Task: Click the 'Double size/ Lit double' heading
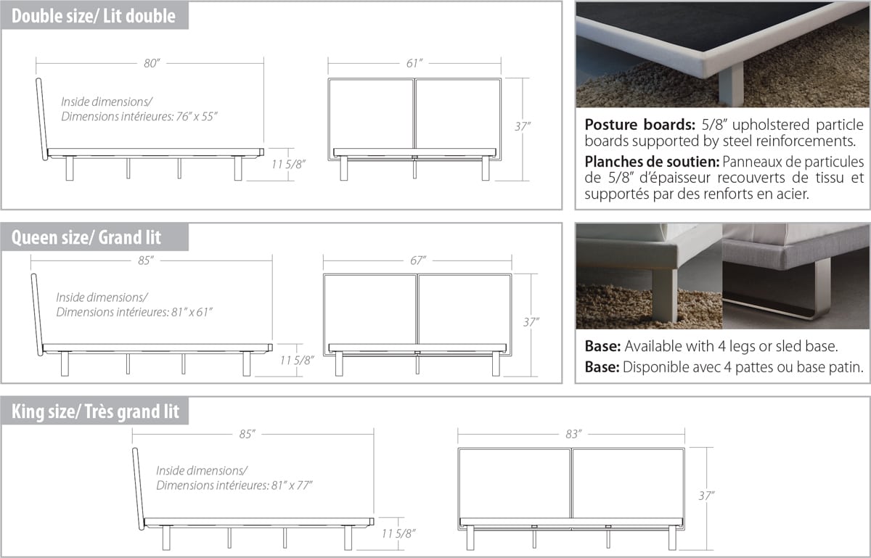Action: pyautogui.click(x=94, y=16)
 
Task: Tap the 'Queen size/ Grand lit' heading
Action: pyautogui.click(x=86, y=237)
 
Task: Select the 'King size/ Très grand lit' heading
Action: pyautogui.click(x=95, y=411)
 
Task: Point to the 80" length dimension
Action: pyautogui.click(x=152, y=63)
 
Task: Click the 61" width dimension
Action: pyautogui.click(x=414, y=63)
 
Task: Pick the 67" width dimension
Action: pyautogui.click(x=418, y=260)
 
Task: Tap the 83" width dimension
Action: pyautogui.click(x=573, y=434)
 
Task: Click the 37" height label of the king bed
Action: pyautogui.click(x=706, y=496)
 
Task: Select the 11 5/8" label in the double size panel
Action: pyautogui.click(x=288, y=165)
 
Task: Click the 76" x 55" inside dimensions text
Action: pyautogui.click(x=197, y=117)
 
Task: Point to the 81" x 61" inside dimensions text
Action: pyautogui.click(x=192, y=312)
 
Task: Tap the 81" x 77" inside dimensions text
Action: pyautogui.click(x=292, y=485)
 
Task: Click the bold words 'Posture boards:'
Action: pyautogui.click(x=639, y=125)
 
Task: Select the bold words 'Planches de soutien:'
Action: pyautogui.click(x=652, y=162)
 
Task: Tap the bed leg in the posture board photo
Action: pyautogui.click(x=731, y=86)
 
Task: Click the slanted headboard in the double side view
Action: pyautogui.click(x=41, y=119)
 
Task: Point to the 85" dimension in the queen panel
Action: pyautogui.click(x=146, y=260)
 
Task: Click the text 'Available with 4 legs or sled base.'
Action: pyautogui.click(x=731, y=346)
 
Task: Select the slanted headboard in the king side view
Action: pyautogui.click(x=138, y=489)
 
